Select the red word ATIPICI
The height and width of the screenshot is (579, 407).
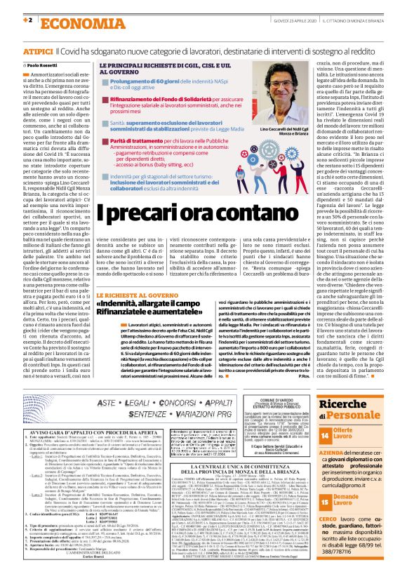point(37,52)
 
